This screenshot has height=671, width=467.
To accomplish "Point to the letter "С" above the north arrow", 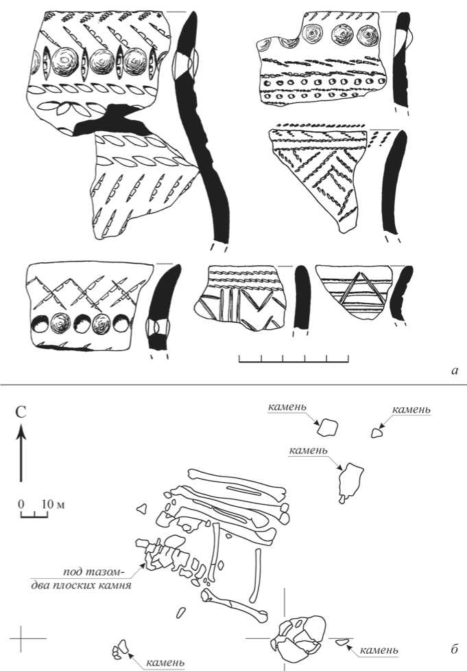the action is point(21,413).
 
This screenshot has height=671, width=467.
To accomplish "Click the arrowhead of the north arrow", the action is point(21,432).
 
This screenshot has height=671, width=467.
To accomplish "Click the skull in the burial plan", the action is point(300,635).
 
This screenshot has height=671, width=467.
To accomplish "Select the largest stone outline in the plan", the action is point(350,479).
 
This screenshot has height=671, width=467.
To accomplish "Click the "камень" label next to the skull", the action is point(379,649).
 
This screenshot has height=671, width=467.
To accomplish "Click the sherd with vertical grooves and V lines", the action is point(240,295).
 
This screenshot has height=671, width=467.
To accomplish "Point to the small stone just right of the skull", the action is point(342,642).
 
